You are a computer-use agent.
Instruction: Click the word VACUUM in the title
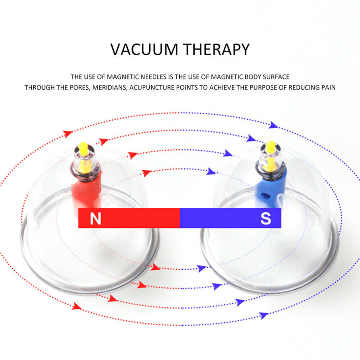(x=144, y=49)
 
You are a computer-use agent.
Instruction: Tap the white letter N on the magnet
(x=96, y=218)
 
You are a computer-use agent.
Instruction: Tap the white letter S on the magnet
(x=266, y=218)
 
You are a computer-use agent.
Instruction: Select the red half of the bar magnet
(x=129, y=218)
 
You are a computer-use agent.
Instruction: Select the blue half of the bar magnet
(x=230, y=218)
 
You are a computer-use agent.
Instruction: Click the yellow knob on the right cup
(x=271, y=147)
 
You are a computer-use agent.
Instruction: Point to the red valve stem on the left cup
(x=87, y=193)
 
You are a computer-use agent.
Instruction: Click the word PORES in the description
(x=79, y=88)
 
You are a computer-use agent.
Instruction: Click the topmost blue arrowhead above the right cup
(x=273, y=125)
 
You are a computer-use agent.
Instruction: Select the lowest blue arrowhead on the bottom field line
(x=264, y=316)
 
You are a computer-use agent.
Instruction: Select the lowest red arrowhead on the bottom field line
(x=77, y=307)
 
